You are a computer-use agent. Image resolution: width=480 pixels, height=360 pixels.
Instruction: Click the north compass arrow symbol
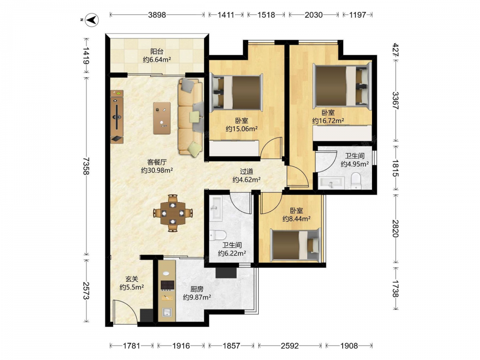(x=92, y=20)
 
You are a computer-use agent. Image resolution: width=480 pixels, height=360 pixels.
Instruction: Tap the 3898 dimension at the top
(x=157, y=15)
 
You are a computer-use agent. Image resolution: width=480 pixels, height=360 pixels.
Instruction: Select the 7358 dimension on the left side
(x=86, y=166)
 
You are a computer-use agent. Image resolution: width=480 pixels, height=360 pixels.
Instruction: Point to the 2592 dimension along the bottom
(x=289, y=346)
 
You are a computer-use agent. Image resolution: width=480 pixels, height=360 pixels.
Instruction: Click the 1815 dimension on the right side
(x=395, y=168)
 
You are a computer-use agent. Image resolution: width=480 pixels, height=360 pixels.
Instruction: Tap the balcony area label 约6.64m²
(x=157, y=60)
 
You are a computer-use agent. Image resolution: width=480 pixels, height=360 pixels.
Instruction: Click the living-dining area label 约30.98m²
(x=157, y=170)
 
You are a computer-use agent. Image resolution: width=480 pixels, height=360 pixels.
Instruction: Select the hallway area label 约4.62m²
(x=246, y=180)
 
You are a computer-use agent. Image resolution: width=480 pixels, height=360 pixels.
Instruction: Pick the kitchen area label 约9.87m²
(x=197, y=297)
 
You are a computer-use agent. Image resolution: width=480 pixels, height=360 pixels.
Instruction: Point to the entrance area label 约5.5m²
(x=132, y=287)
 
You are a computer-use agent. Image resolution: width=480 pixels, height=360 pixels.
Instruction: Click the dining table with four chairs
(x=173, y=213)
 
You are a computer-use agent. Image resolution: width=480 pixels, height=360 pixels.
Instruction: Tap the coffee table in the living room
(x=162, y=118)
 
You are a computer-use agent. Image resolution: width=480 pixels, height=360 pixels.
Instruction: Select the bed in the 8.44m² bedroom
(x=296, y=245)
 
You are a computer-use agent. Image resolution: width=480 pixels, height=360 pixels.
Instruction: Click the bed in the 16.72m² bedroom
(x=342, y=85)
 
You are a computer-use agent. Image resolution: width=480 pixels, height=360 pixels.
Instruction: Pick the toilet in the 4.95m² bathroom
(x=356, y=180)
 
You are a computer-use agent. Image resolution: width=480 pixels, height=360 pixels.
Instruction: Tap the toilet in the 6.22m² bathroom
(x=217, y=235)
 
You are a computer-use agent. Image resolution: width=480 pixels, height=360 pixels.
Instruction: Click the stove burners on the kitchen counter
(x=168, y=285)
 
